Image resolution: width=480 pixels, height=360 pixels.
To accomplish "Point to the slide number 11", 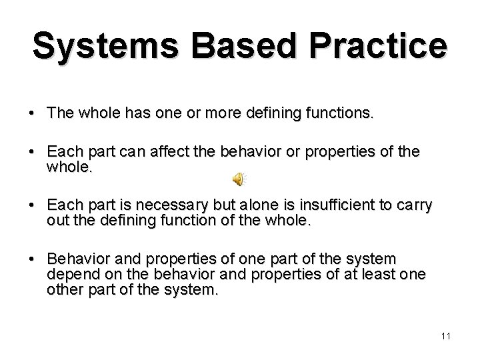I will point(446,335).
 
